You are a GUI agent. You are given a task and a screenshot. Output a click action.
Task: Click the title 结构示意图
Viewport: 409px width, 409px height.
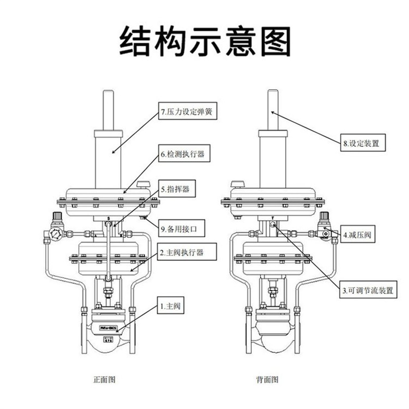tap(204, 41)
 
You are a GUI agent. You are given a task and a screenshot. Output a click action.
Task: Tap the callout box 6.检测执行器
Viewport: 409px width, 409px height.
tap(184, 155)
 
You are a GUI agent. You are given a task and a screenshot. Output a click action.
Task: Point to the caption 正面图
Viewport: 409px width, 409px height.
tap(105, 380)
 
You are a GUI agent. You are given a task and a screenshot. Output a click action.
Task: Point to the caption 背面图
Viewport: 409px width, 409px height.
tap(267, 380)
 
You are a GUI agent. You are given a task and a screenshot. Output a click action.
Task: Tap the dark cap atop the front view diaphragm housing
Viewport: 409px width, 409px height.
tap(142, 184)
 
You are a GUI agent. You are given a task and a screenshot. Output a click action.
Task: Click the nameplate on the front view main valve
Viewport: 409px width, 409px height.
tap(110, 328)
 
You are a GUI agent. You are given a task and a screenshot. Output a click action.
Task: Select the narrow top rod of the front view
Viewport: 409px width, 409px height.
tap(108, 109)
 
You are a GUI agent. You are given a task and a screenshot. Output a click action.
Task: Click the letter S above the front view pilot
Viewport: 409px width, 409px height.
tap(108, 218)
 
